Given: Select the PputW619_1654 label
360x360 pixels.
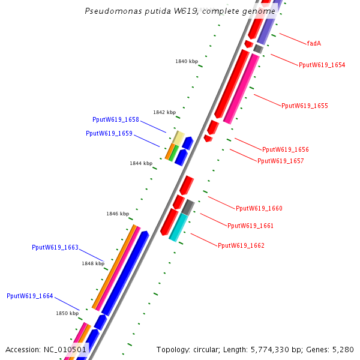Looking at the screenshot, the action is (x=322, y=65).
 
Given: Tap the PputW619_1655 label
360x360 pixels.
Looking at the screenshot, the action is (x=305, y=106).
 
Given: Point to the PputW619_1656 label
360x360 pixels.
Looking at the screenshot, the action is (x=286, y=149).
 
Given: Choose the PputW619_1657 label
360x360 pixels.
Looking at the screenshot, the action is (x=281, y=161).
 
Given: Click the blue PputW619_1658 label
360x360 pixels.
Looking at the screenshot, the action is (x=116, y=119).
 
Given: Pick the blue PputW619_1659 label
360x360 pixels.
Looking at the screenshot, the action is (x=109, y=133).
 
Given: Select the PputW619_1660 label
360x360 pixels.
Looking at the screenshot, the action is (x=259, y=208).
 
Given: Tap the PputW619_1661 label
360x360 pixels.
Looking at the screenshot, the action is (x=250, y=226).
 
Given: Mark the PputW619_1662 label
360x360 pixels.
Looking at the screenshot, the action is (x=241, y=245).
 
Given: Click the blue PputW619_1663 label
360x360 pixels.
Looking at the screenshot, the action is (x=55, y=247).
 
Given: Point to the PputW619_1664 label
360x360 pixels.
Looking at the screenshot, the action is (x=30, y=296).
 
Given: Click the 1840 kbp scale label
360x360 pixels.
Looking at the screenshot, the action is (x=187, y=61).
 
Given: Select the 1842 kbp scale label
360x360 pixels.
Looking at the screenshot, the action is (x=164, y=112).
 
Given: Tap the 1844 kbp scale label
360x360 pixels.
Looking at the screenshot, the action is (x=141, y=163).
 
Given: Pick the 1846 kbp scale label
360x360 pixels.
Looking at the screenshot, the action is (x=118, y=214).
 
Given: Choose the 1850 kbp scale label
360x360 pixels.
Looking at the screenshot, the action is (x=67, y=313).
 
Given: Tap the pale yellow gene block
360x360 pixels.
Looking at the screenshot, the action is (x=178, y=137).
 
